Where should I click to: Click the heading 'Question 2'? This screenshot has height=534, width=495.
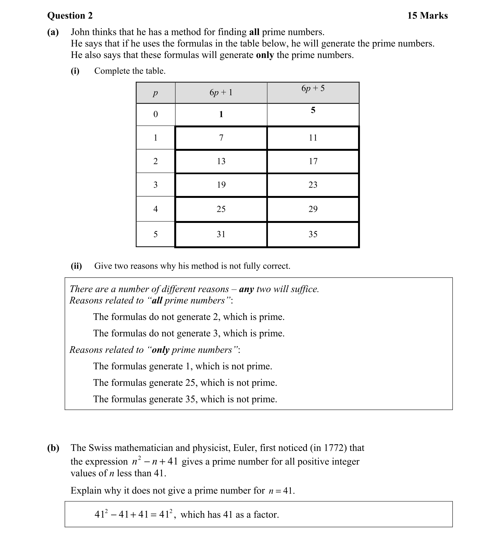(70, 16)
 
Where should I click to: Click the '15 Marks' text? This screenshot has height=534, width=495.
(427, 16)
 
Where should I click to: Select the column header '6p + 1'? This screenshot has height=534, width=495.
(221, 93)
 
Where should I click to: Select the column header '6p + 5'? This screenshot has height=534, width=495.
(313, 88)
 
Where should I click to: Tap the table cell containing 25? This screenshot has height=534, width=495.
(221, 209)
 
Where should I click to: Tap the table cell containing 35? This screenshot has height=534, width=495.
(313, 234)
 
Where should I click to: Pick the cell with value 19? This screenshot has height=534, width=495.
(221, 185)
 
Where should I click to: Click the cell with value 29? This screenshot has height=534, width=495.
(313, 209)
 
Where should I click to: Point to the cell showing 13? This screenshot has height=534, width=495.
(221, 161)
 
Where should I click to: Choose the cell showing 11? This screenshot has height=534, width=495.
(313, 137)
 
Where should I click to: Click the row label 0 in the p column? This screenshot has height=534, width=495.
(155, 114)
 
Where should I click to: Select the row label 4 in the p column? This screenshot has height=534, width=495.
(155, 209)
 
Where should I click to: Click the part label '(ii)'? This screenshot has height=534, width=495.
(76, 266)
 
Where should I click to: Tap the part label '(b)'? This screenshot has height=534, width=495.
(53, 448)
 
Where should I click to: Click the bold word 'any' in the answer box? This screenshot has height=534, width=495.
(246, 289)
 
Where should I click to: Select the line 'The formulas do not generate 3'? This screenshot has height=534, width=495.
(189, 333)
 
